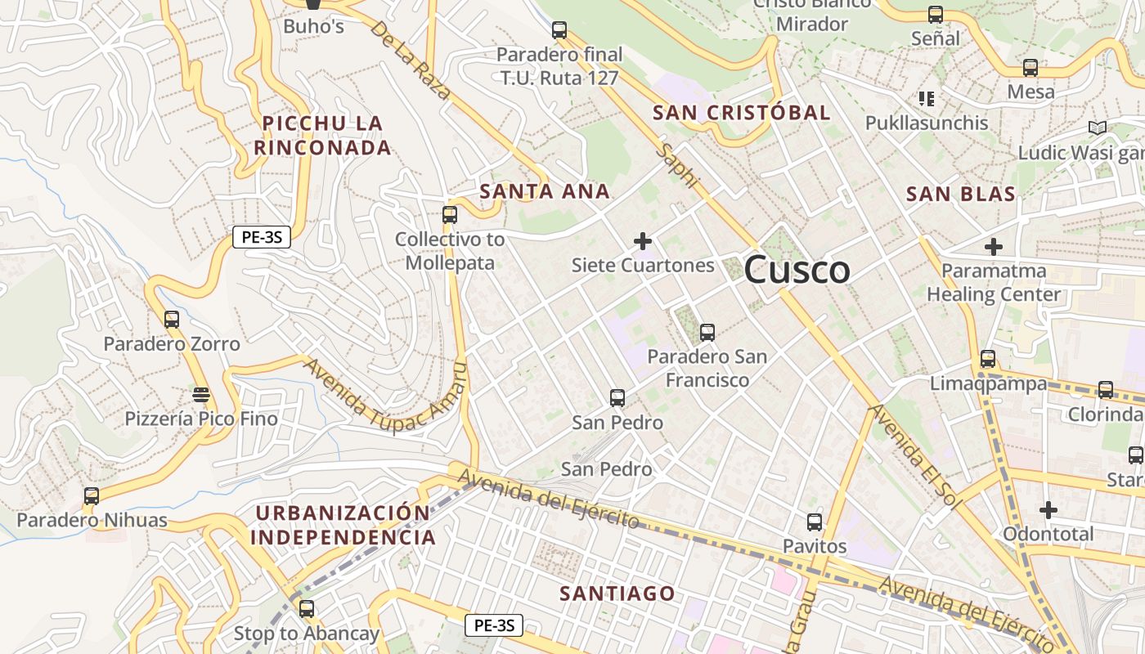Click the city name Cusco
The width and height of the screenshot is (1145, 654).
pyautogui.click(x=797, y=270)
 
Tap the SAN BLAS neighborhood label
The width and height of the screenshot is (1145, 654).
pyautogui.click(x=961, y=194)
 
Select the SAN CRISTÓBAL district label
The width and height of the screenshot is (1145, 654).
pyautogui.click(x=741, y=113)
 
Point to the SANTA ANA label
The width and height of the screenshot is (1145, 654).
pyautogui.click(x=545, y=191)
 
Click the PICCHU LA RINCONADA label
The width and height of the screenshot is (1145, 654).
pyautogui.click(x=322, y=135)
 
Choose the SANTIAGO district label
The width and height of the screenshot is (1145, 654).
pyautogui.click(x=617, y=594)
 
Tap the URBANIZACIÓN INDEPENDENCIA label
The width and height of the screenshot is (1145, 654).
pyautogui.click(x=343, y=525)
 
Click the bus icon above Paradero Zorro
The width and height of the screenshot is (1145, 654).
pyautogui.click(x=172, y=320)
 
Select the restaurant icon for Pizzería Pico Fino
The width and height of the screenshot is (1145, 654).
pyautogui.click(x=201, y=396)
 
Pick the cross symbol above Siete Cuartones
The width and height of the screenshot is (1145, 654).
pyautogui.click(x=643, y=241)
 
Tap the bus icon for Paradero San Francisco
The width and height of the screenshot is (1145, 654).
pyautogui.click(x=707, y=333)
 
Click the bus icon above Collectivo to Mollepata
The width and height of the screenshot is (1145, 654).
pyautogui.click(x=449, y=215)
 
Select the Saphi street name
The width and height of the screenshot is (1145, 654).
pyautogui.click(x=678, y=166)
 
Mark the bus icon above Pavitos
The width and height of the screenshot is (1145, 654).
pyautogui.click(x=815, y=522)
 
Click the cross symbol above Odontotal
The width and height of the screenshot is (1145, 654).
pyautogui.click(x=1048, y=510)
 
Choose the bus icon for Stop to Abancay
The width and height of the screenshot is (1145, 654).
pyautogui.click(x=307, y=609)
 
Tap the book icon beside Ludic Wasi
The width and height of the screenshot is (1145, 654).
pyautogui.click(x=1098, y=128)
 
